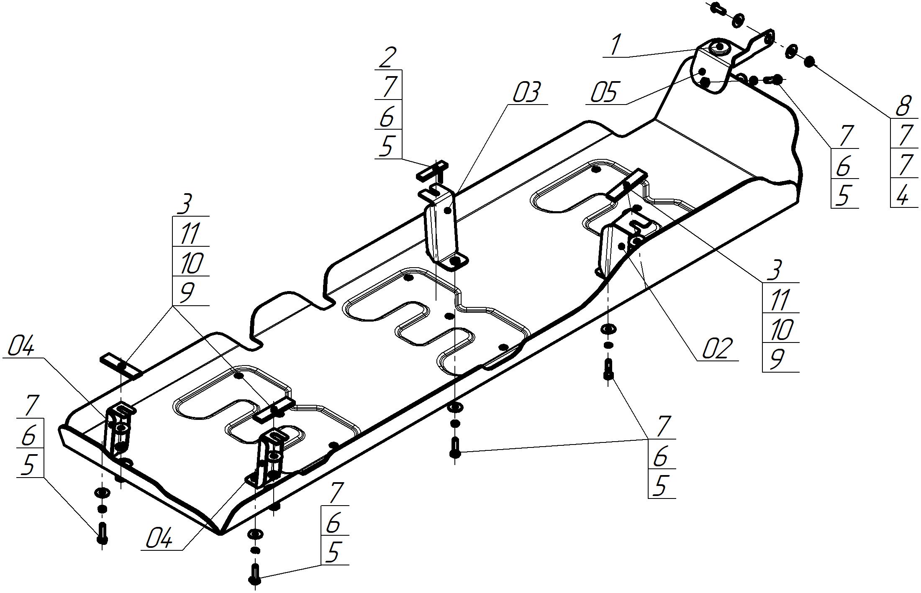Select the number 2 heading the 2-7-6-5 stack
[x=387, y=58]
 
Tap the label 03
[x=526, y=93]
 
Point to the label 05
[x=604, y=93]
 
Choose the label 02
[x=717, y=348]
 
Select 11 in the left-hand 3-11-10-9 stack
[x=190, y=233]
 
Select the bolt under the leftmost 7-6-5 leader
[x=102, y=533]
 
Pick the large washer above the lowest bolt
[x=255, y=534]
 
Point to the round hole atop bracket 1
[x=721, y=47]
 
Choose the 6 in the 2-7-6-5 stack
[x=387, y=117]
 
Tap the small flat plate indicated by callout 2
[x=432, y=171]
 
